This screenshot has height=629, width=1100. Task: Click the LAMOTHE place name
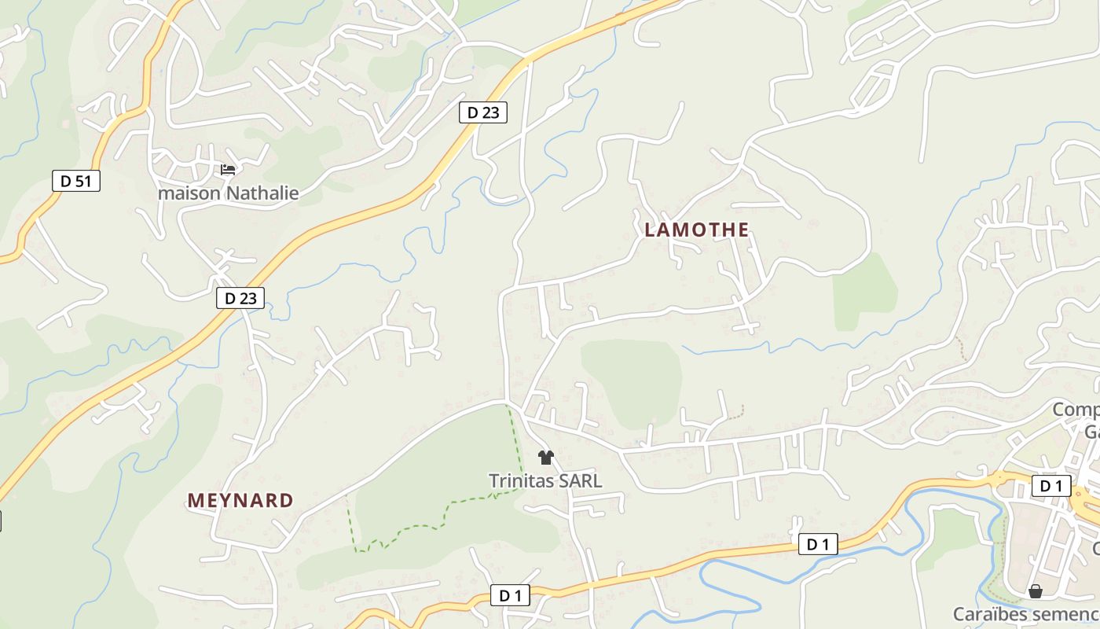pyautogui.click(x=696, y=230)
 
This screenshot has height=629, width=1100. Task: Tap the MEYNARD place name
pyautogui.click(x=240, y=501)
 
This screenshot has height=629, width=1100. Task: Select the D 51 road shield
pyautogui.click(x=76, y=181)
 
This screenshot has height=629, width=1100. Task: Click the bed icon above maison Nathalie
pyautogui.click(x=228, y=169)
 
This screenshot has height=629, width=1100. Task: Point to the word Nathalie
pyautogui.click(x=262, y=193)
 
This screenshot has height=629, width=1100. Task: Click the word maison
pyautogui.click(x=189, y=193)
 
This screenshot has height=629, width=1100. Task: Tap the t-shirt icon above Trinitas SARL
pyautogui.click(x=546, y=458)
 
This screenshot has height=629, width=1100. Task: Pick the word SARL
pyautogui.click(x=581, y=480)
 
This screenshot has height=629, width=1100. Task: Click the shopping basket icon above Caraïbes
pyautogui.click(x=1036, y=591)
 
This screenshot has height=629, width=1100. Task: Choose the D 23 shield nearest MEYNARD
pyautogui.click(x=240, y=298)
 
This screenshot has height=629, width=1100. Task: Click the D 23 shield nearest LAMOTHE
pyautogui.click(x=483, y=112)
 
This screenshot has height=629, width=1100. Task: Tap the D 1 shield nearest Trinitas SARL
pyautogui.click(x=510, y=595)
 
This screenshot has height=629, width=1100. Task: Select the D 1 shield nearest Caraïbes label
pyautogui.click(x=1051, y=486)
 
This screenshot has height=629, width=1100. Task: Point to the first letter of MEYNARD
pyautogui.click(x=194, y=501)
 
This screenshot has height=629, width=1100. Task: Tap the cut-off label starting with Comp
pyautogui.click(x=1076, y=410)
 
